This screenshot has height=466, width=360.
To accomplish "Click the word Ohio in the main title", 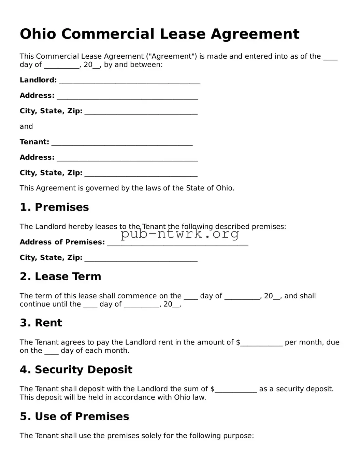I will (38, 34).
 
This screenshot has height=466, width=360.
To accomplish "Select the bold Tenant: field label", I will (34, 142).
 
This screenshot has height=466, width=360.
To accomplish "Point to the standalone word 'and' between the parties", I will (26, 127).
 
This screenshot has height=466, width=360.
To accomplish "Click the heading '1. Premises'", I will (54, 207).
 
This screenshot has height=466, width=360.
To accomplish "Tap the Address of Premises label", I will (62, 242).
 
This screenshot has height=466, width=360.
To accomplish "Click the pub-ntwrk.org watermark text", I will (179, 234).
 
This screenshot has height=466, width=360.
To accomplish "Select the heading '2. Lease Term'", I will (60, 277).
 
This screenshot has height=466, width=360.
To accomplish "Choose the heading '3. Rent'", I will (41, 323).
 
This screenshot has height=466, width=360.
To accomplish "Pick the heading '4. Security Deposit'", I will (76, 370).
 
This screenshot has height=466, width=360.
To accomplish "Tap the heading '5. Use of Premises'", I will (74, 416).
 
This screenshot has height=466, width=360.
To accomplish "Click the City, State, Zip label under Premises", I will (51, 258).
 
